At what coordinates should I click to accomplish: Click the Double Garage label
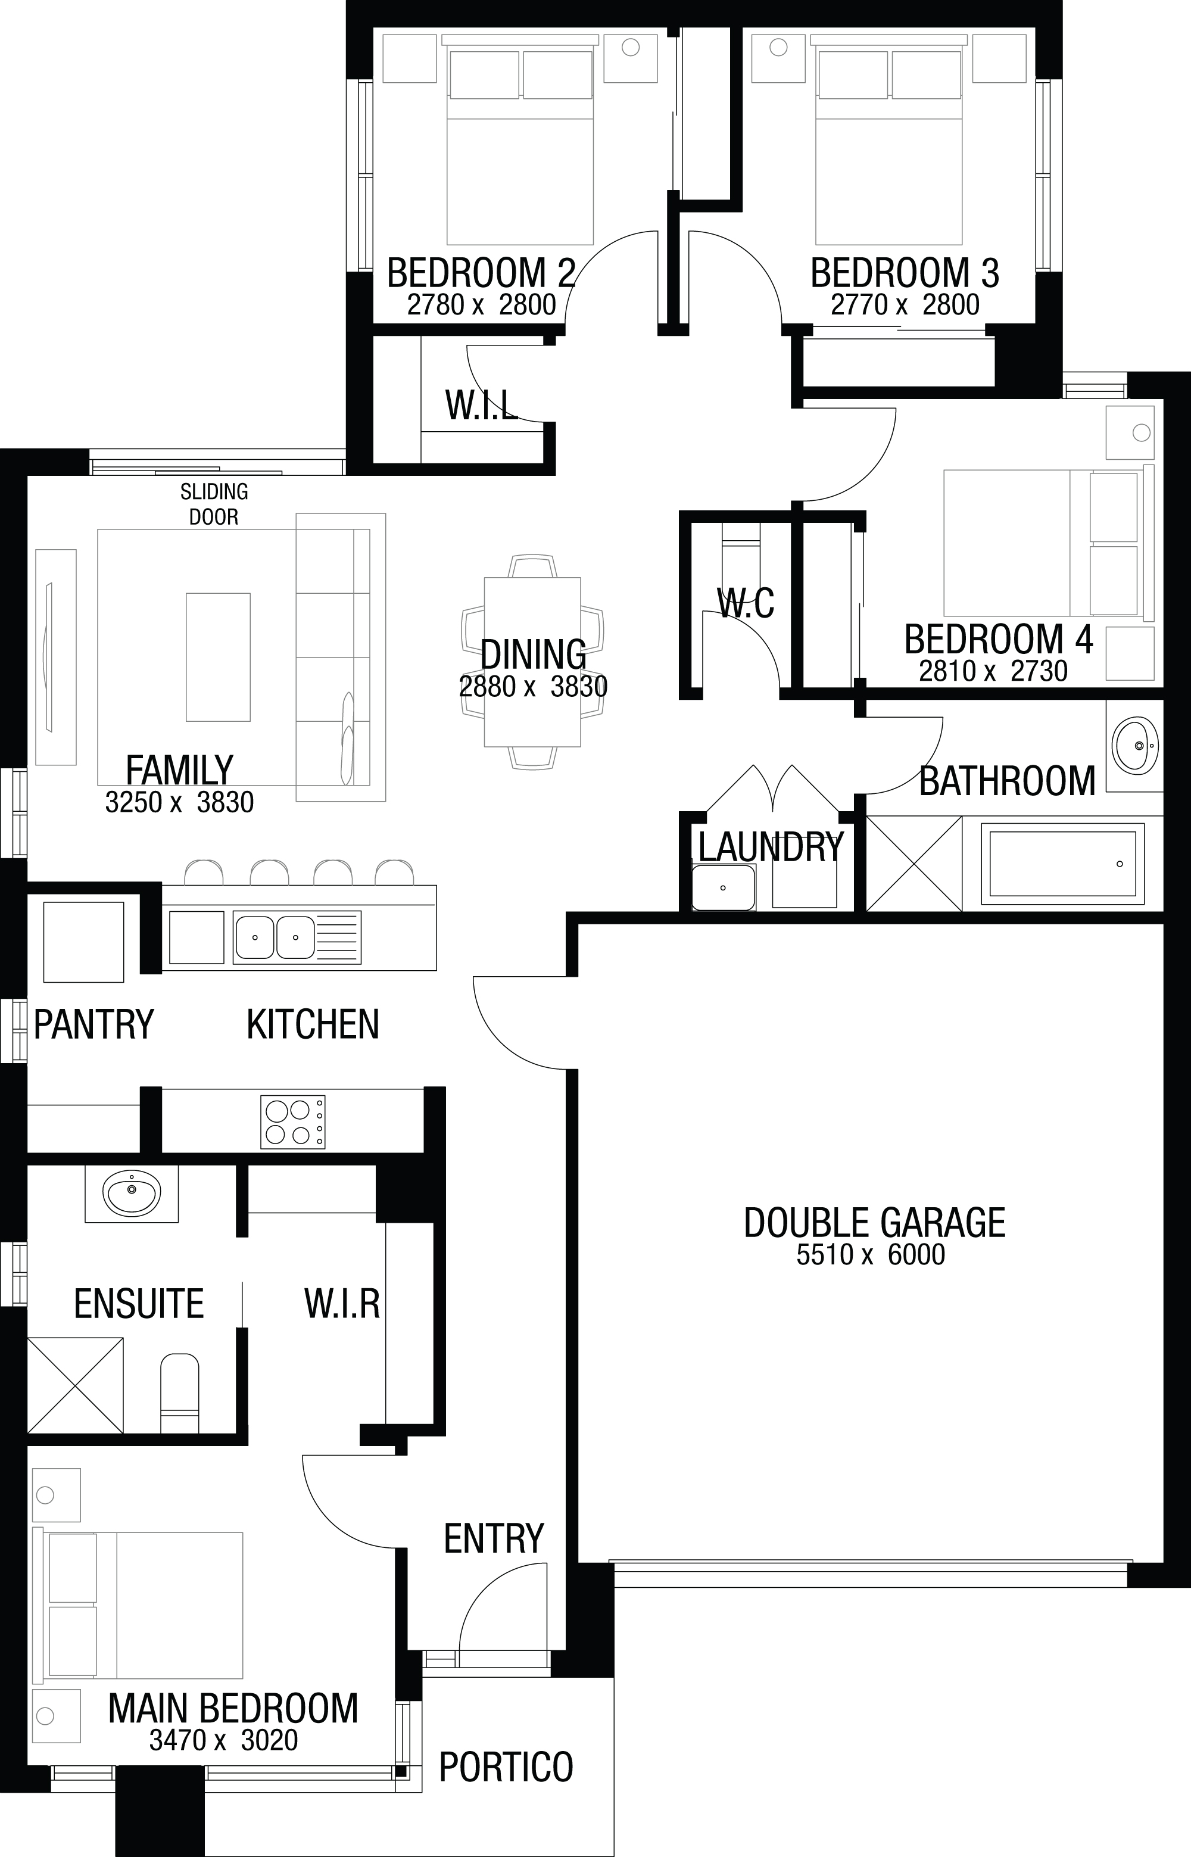pyautogui.click(x=875, y=1223)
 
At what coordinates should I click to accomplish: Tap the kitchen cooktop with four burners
pyautogui.click(x=293, y=1121)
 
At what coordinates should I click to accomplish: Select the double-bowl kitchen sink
pyautogui.click(x=275, y=937)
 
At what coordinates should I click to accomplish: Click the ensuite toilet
pyautogui.click(x=179, y=1394)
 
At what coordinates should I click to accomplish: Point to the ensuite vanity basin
pyautogui.click(x=132, y=1194)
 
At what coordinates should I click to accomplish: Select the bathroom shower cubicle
pyautogui.click(x=914, y=863)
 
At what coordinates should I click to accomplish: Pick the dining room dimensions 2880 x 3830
pyautogui.click(x=534, y=687)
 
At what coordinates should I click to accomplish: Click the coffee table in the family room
pyautogui.click(x=218, y=657)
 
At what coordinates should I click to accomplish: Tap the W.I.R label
pyautogui.click(x=342, y=1303)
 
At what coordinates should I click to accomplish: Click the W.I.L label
pyautogui.click(x=482, y=404)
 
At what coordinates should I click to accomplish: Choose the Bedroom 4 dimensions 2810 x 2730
pyautogui.click(x=993, y=671)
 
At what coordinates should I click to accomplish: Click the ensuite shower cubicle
pyautogui.click(x=75, y=1386)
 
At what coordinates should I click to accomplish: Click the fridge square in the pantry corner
pyautogui.click(x=83, y=942)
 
